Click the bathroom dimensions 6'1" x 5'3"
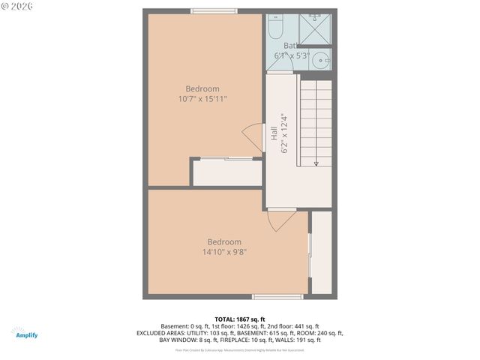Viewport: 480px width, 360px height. click(x=292, y=55)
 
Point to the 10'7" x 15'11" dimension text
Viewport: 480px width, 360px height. click(x=202, y=98)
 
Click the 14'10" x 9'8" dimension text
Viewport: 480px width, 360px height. click(x=224, y=252)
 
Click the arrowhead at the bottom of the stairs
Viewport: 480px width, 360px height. click(x=316, y=162)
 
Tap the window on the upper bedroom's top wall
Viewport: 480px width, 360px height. click(x=214, y=10)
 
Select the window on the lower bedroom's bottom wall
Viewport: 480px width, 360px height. click(x=277, y=297)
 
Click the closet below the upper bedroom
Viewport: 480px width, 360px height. click(x=227, y=172)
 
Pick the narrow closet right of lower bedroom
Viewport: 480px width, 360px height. click(x=322, y=252)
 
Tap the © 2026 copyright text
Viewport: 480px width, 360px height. click(x=18, y=6)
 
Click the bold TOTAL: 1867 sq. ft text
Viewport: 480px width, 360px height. click(x=240, y=319)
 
